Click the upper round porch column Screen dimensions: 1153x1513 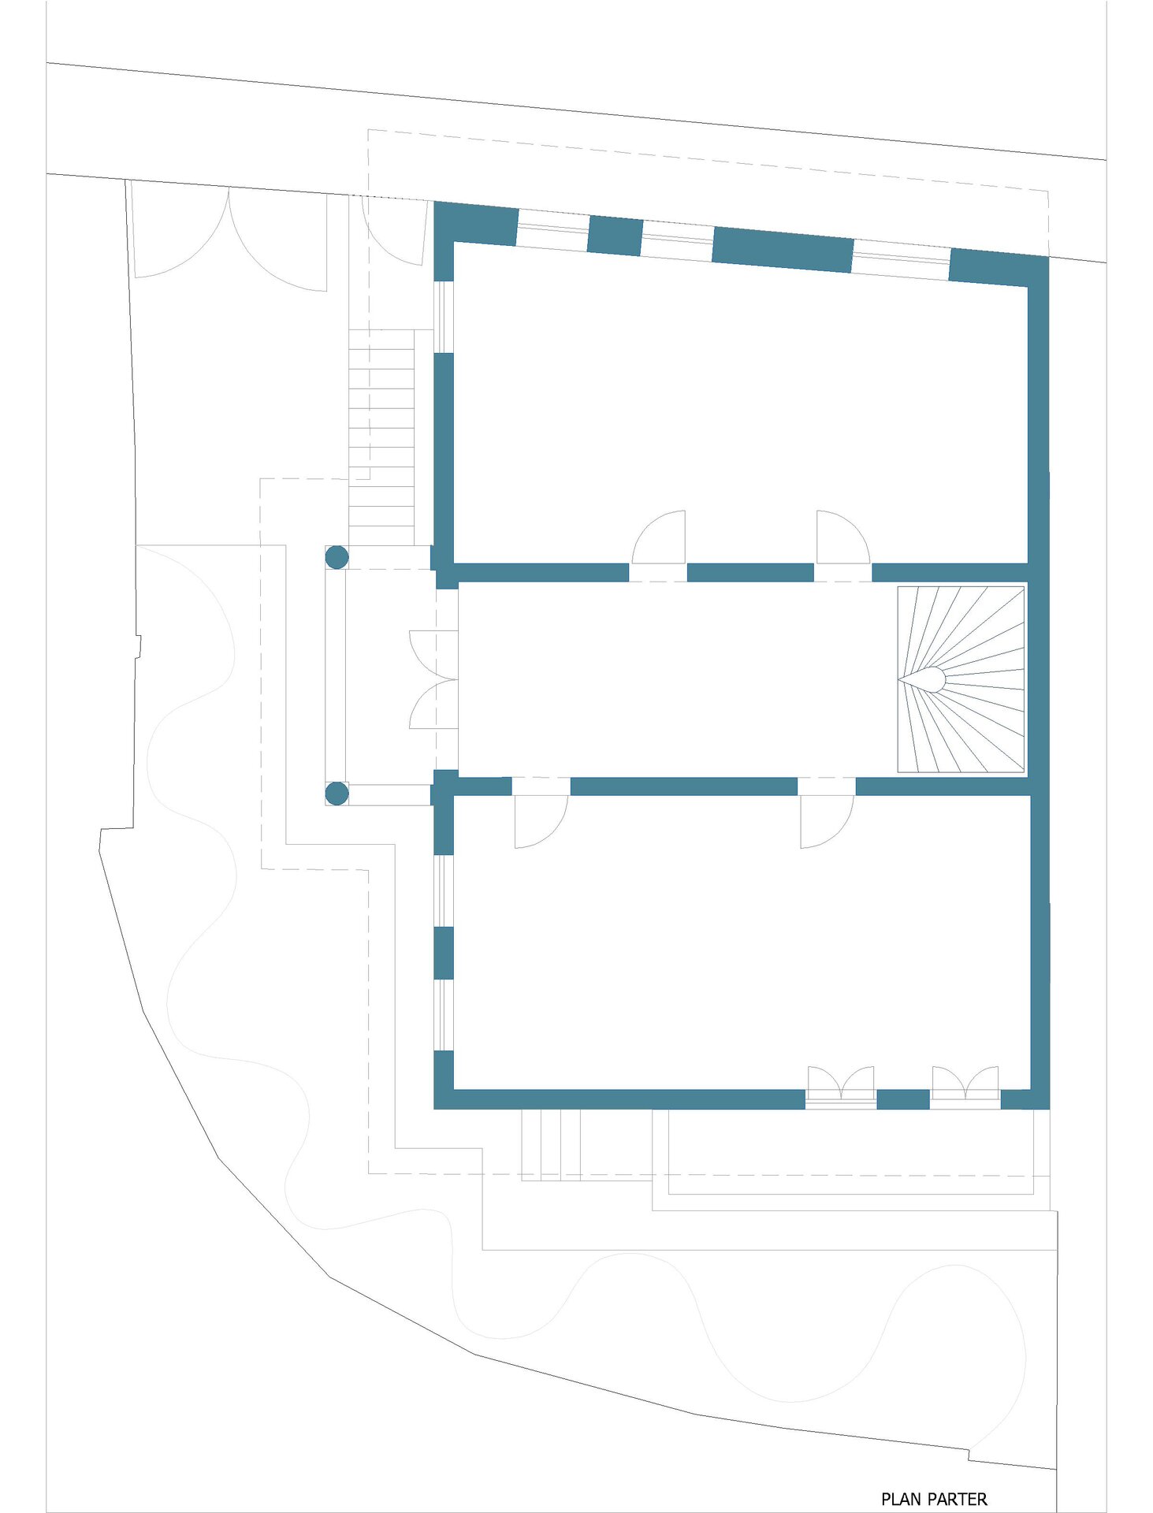(x=337, y=557)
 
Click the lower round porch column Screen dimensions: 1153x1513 (x=337, y=794)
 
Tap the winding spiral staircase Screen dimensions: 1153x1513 (x=961, y=678)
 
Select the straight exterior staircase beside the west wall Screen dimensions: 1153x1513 (x=381, y=428)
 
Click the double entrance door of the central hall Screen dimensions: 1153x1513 (x=433, y=679)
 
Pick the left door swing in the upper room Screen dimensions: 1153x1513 (x=659, y=537)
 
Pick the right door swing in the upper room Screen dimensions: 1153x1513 (x=843, y=537)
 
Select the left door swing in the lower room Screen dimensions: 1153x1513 (x=541, y=822)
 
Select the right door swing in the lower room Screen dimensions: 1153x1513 (x=827, y=822)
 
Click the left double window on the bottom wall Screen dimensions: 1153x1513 (x=841, y=1087)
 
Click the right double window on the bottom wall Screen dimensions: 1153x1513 (x=965, y=1087)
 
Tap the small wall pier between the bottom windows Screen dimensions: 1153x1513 (x=903, y=1099)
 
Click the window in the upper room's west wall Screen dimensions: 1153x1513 (x=444, y=317)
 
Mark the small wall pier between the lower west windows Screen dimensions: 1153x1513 (x=444, y=953)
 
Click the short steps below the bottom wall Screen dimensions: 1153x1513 (x=551, y=1144)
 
